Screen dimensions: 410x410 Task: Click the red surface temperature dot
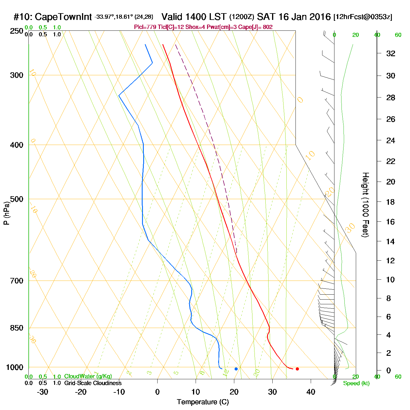tap(297, 369)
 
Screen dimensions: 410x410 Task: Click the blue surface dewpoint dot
tap(236, 369)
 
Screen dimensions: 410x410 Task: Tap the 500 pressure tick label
tap(17, 199)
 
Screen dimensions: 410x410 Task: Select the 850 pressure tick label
tap(17, 328)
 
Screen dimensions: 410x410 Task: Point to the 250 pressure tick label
tap(17, 31)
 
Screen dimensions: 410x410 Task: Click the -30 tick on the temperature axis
tap(42, 392)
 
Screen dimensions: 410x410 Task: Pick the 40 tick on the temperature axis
tap(311, 392)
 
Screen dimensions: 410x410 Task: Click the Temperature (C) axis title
tap(203, 402)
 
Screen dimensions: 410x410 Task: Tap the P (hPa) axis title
tap(6, 213)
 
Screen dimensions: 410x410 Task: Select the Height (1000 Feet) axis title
tap(365, 205)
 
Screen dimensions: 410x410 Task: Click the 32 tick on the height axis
tap(391, 53)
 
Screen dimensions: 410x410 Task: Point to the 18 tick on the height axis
tap(391, 202)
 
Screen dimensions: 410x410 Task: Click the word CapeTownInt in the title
tap(63, 17)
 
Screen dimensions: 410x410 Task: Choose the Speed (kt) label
tap(356, 383)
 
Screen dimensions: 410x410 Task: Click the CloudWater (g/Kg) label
tap(88, 376)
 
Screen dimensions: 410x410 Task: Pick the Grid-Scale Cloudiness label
tap(93, 383)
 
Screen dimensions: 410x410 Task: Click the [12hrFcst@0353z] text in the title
tap(363, 17)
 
